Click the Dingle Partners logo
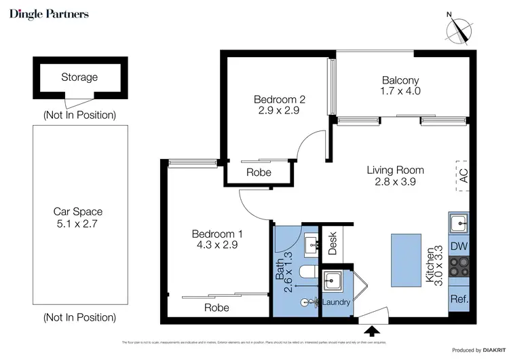tap(49, 14)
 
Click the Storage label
tap(79, 77)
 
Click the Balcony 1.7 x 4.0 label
tap(401, 85)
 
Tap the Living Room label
tap(395, 176)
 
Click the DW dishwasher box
tap(458, 247)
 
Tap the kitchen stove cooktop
tap(458, 272)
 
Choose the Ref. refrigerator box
tap(458, 298)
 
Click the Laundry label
tap(337, 302)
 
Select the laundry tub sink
tap(333, 279)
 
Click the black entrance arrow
tap(371, 331)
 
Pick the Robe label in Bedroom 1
tap(217, 308)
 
